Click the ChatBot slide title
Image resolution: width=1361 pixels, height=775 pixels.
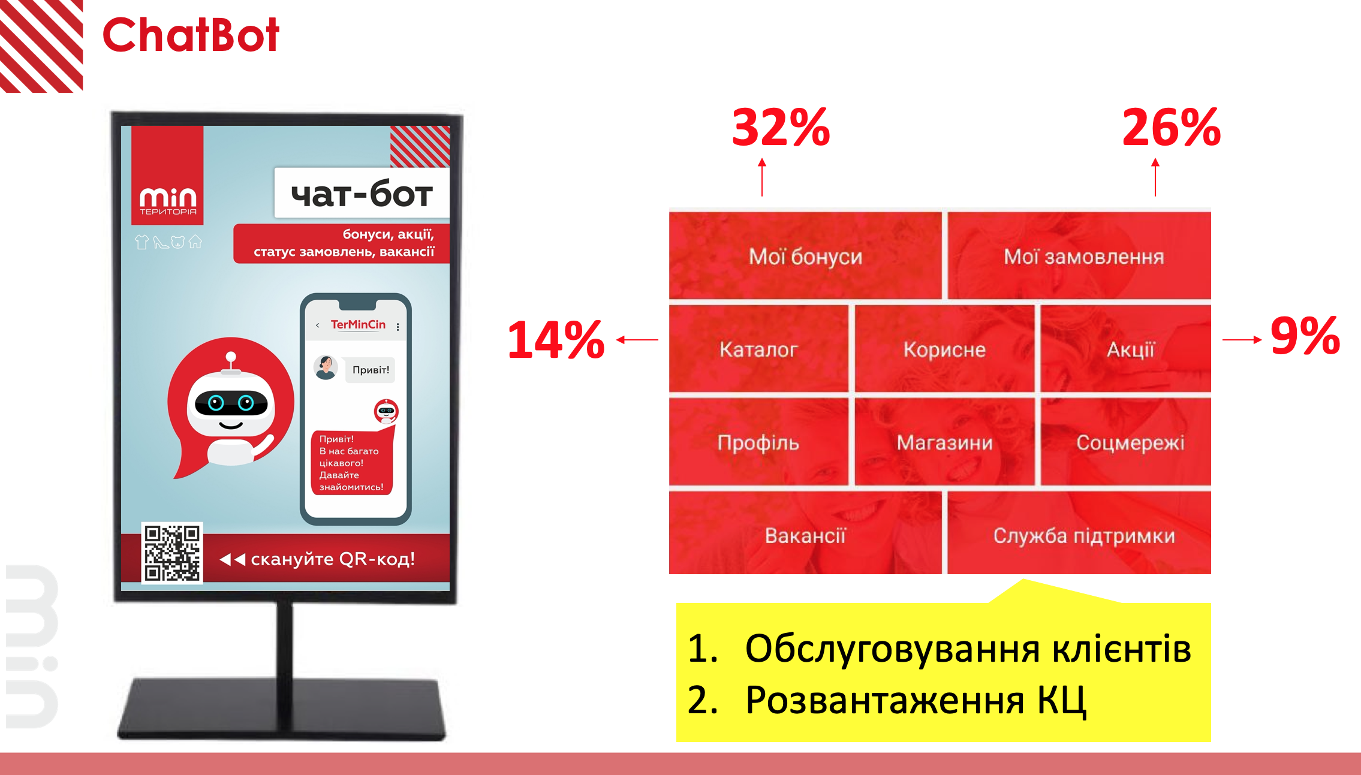tap(191, 35)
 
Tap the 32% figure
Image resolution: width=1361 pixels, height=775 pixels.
tap(781, 127)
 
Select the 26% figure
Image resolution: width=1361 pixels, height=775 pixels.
tap(1172, 127)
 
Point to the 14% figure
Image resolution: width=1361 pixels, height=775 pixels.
tap(556, 339)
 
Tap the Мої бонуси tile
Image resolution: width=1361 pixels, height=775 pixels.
tap(805, 255)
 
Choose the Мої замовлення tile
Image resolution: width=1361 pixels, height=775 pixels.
tap(1079, 255)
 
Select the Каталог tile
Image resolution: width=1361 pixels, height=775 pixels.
tap(758, 348)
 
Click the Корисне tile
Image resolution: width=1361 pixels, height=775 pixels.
tap(944, 348)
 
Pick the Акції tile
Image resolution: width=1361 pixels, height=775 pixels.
tap(1126, 348)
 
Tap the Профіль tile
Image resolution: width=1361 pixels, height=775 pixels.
tap(758, 442)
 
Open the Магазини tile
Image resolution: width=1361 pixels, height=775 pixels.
tap(944, 442)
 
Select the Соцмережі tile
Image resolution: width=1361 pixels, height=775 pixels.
tap(1126, 442)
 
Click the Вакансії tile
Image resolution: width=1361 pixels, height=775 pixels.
tap(805, 533)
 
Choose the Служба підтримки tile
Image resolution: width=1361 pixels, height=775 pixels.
tap(1079, 533)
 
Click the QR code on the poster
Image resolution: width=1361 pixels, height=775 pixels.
tap(172, 553)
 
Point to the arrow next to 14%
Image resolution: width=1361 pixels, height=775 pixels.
tap(637, 340)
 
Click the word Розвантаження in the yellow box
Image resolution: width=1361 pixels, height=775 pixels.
tap(885, 700)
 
